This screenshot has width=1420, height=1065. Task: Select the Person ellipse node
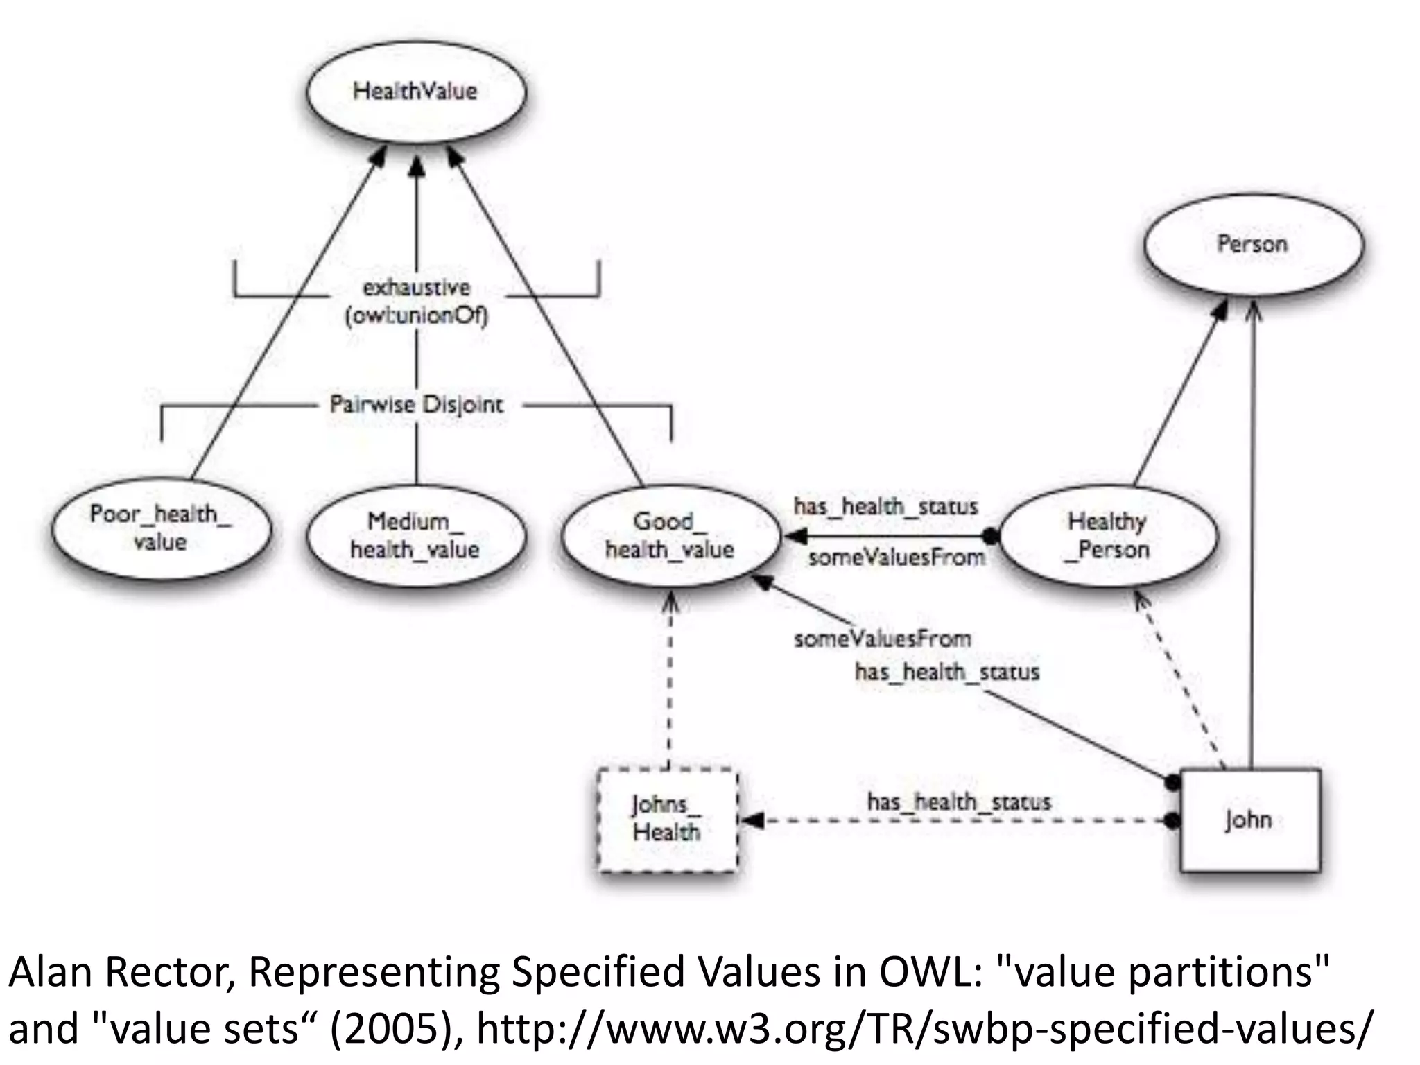click(1252, 244)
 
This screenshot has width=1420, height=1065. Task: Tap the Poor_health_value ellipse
click(161, 528)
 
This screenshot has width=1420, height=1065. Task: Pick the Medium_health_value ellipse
click(415, 535)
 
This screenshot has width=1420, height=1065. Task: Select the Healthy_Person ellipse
click(1107, 535)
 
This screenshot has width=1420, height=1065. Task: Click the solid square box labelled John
click(1249, 820)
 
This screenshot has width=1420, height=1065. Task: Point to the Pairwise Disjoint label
click(416, 404)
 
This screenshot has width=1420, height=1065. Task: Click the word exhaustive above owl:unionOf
click(416, 287)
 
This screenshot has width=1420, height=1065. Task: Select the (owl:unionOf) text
click(416, 316)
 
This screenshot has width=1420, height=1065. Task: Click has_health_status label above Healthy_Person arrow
click(885, 506)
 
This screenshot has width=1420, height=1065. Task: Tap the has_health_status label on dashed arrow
click(959, 802)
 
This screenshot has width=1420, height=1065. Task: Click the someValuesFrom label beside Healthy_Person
click(896, 557)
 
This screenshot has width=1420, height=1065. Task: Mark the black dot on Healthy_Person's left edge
click(992, 536)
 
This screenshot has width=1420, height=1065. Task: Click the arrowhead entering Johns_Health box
click(752, 821)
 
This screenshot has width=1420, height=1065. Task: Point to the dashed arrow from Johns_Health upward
click(669, 686)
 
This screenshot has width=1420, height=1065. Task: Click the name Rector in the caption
click(171, 972)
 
